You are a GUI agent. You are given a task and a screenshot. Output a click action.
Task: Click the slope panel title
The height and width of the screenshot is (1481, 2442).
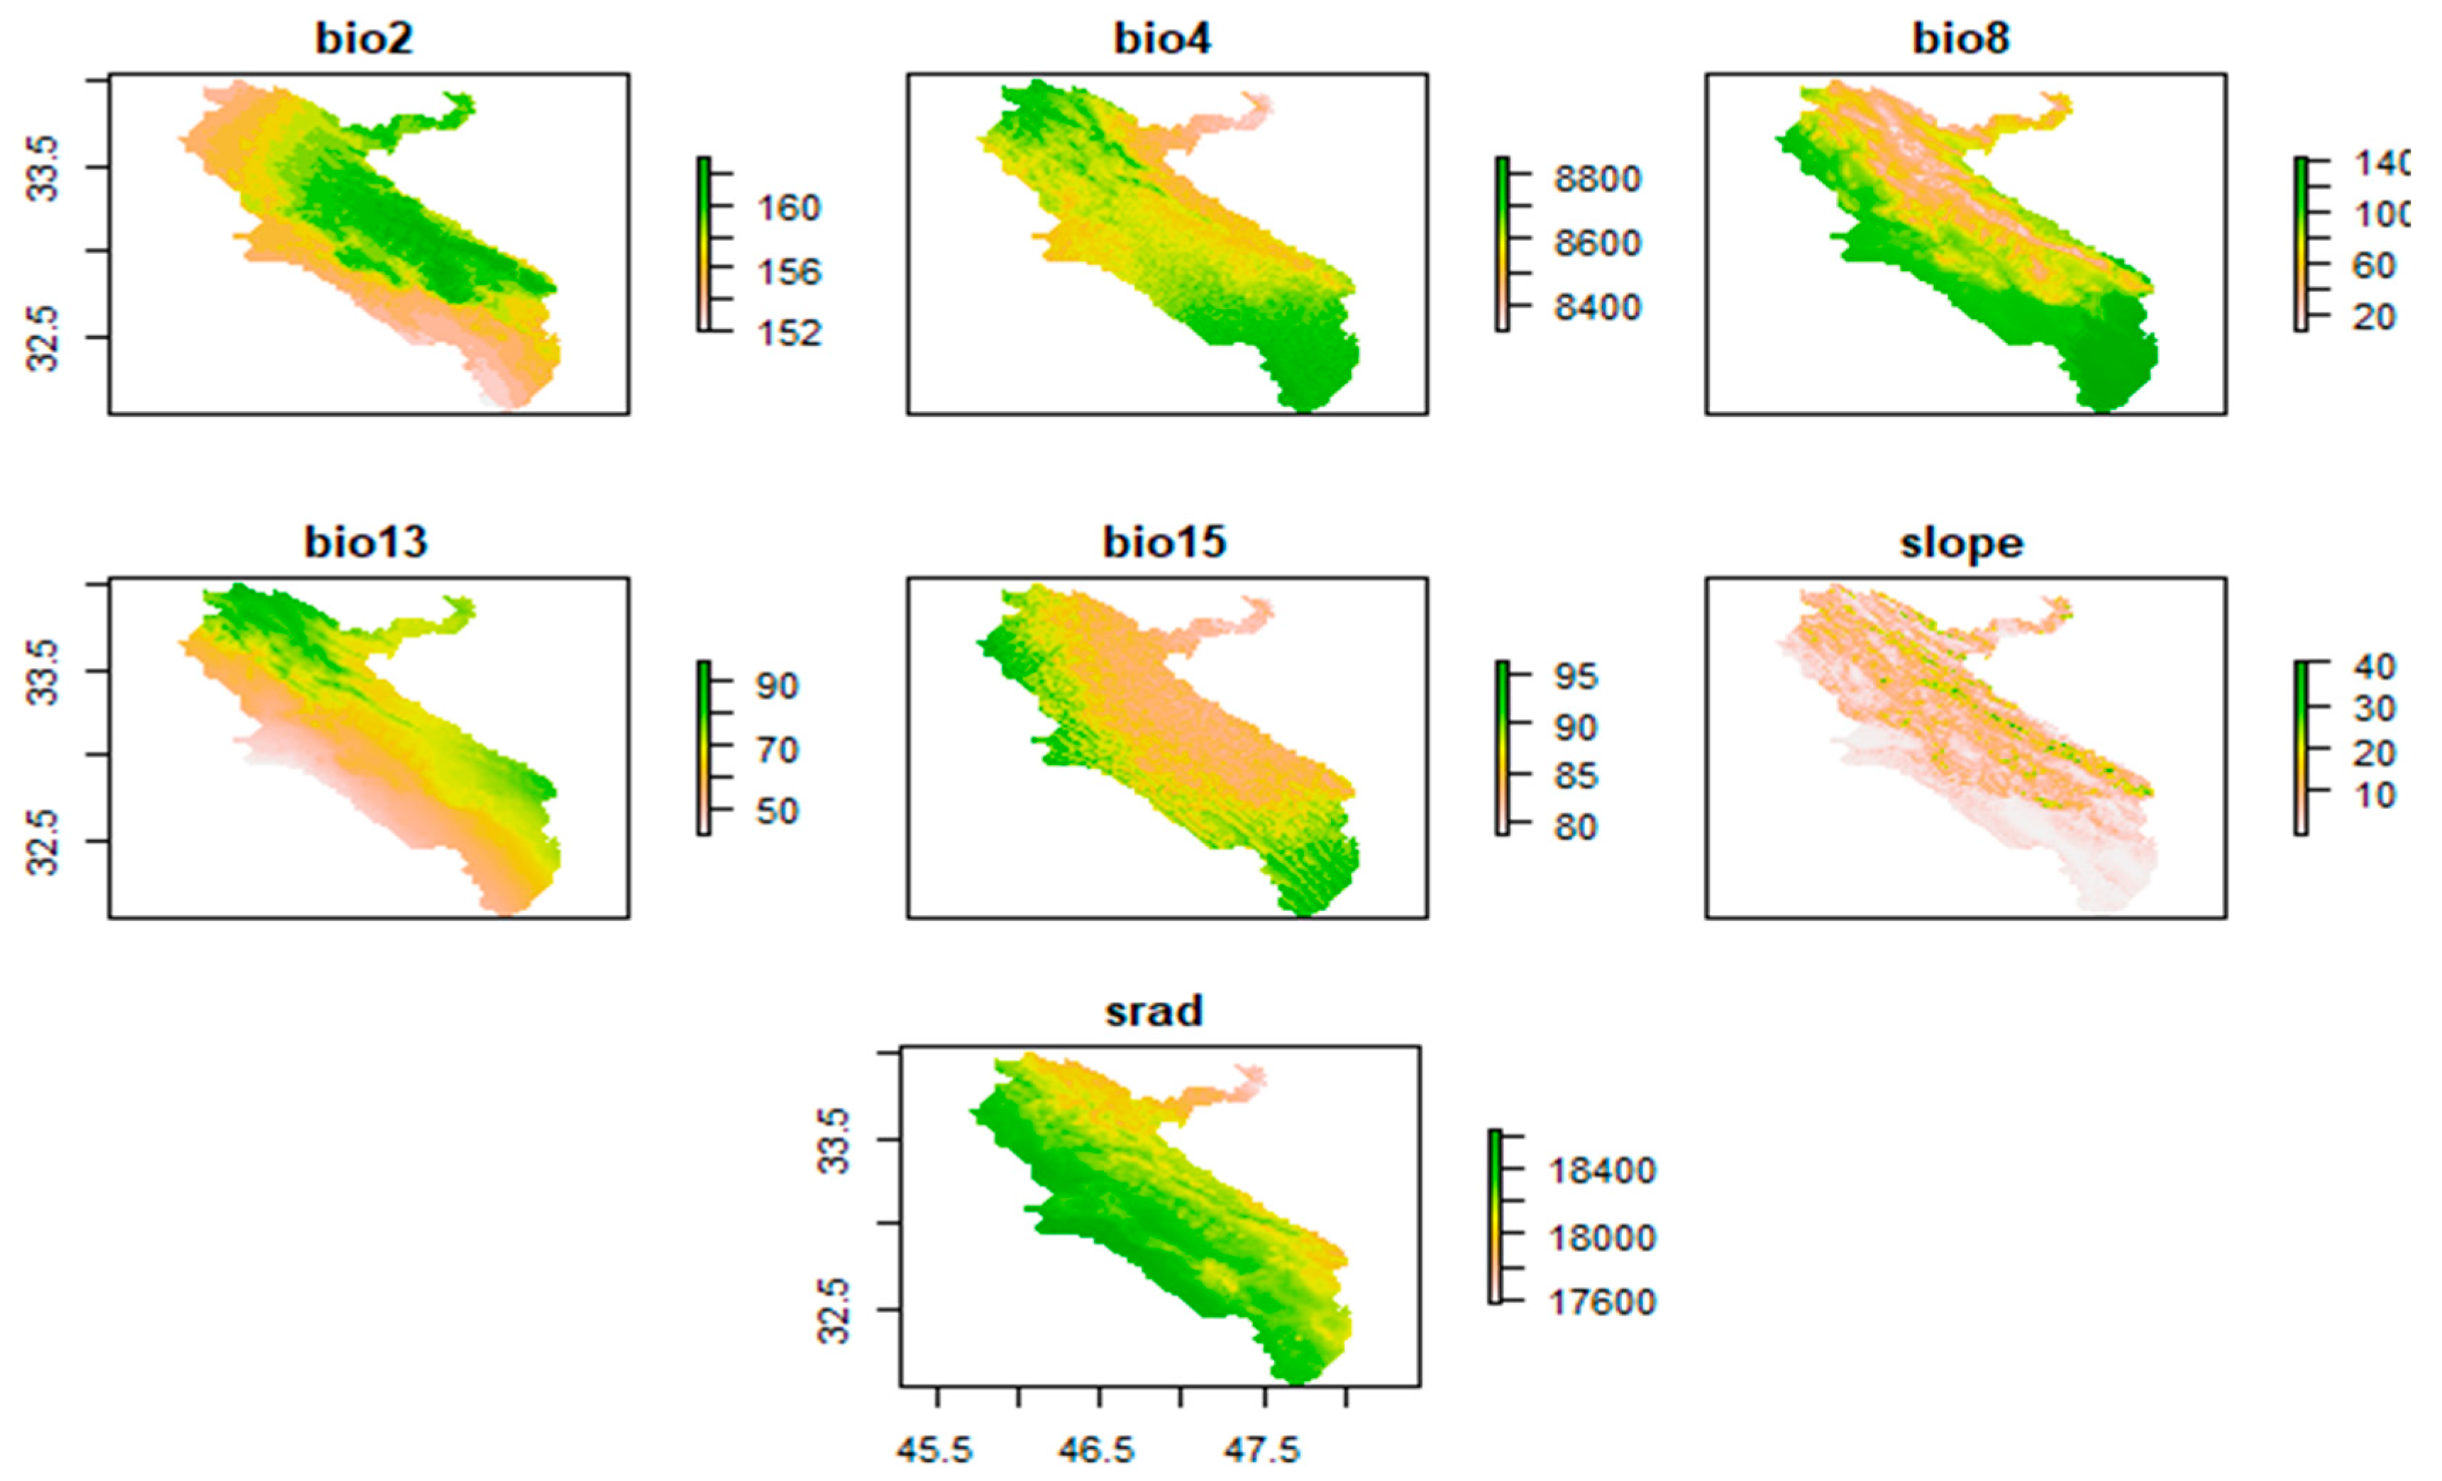(x=1961, y=543)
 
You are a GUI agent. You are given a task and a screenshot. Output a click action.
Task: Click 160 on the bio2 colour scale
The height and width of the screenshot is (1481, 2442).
(x=789, y=208)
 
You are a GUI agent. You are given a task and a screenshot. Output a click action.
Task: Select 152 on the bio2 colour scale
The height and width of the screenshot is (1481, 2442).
(x=789, y=333)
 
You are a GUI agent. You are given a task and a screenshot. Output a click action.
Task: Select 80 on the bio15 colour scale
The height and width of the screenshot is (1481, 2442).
(x=1576, y=826)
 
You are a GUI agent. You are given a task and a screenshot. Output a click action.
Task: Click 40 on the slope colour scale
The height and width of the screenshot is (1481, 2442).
(x=2375, y=666)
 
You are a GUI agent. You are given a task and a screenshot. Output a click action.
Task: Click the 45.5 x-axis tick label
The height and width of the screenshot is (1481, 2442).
(x=934, y=1451)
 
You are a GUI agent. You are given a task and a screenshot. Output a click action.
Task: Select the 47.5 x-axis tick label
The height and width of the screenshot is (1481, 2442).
(x=1261, y=1451)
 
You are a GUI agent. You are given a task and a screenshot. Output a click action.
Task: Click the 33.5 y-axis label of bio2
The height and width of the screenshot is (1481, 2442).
(x=43, y=169)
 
